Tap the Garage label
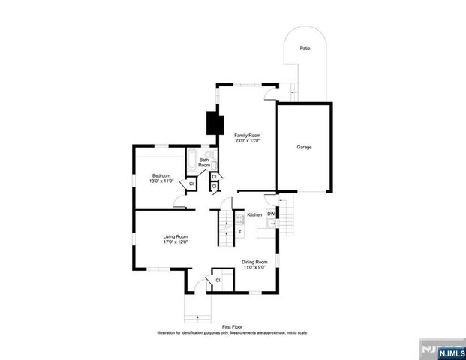[x=303, y=147]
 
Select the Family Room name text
[x=247, y=135]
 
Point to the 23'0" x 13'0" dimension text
[x=247, y=141]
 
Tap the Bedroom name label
[x=161, y=175]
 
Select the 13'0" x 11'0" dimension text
[x=161, y=181]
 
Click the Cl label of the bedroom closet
[x=191, y=184]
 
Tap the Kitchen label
[x=254, y=215]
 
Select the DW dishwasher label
[x=270, y=214]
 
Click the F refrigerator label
[x=239, y=232]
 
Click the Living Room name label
[x=175, y=236]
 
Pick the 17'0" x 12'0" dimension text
[x=175, y=242]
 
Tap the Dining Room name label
[x=254, y=261]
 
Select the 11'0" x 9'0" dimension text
[x=254, y=267]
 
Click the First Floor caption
[x=232, y=327]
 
